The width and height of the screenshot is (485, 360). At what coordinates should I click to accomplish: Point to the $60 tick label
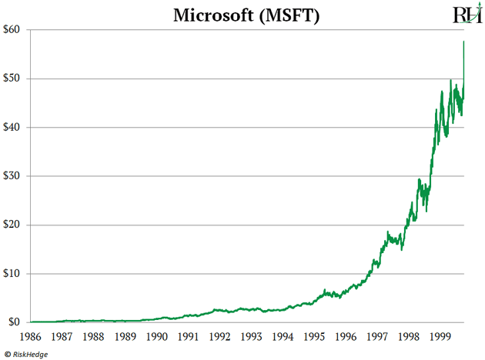[x=14, y=30]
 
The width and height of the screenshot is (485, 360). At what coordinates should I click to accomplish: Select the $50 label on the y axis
[x=14, y=78]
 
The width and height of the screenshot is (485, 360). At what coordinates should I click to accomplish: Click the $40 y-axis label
[x=14, y=127]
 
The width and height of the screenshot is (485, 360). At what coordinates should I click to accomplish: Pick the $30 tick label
[x=14, y=176]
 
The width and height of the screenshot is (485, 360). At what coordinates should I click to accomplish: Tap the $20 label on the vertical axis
[x=14, y=225]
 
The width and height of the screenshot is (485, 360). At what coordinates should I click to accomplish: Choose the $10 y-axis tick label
[x=14, y=273]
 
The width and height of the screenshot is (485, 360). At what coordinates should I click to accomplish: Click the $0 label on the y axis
[x=17, y=322]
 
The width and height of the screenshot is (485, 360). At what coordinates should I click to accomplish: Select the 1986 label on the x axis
[x=32, y=337]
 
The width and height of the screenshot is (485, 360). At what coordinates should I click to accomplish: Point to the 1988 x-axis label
[x=95, y=337]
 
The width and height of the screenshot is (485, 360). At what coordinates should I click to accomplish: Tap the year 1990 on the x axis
[x=157, y=337]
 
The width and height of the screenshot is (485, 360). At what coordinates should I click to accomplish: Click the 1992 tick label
[x=220, y=337]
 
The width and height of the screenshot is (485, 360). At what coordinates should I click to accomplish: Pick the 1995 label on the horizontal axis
[x=314, y=337]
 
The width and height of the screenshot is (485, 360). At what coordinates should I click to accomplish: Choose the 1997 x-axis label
[x=377, y=337]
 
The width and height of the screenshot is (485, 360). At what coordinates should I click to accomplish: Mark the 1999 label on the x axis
[x=440, y=337]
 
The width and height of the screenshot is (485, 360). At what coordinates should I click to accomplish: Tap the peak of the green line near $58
[x=463, y=42]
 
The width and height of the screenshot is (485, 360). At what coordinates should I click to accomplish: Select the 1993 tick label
[x=252, y=337]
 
